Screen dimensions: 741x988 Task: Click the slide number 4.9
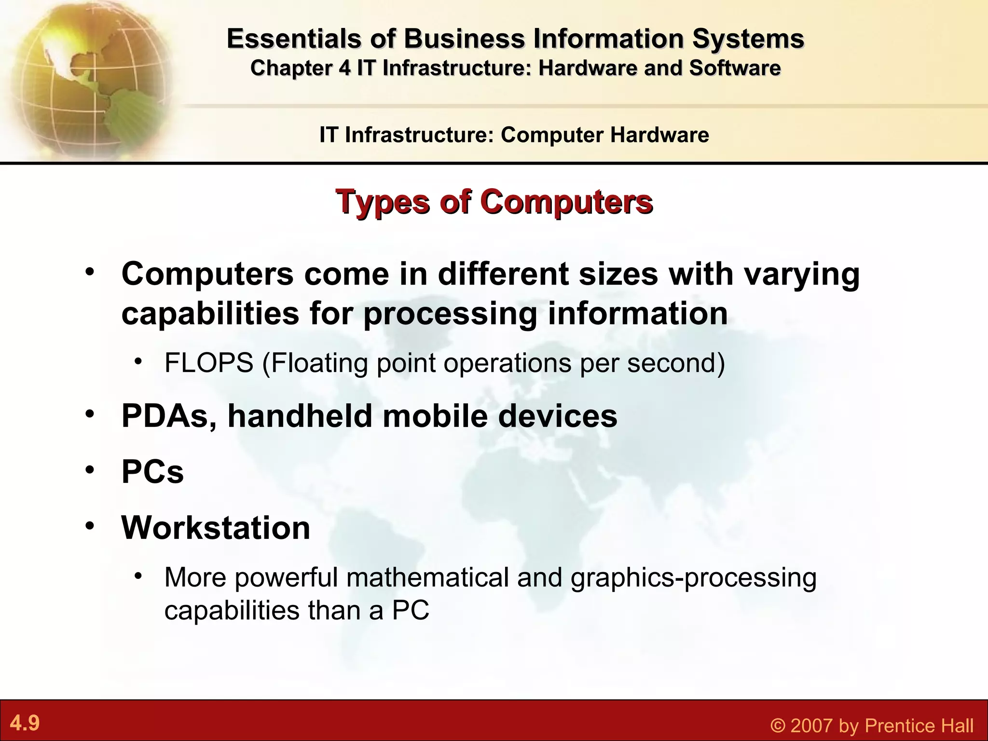(x=25, y=723)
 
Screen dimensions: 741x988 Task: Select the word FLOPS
(x=208, y=363)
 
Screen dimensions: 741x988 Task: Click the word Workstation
(x=216, y=528)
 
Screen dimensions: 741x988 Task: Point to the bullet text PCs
(x=152, y=472)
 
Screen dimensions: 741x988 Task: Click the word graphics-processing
(x=693, y=577)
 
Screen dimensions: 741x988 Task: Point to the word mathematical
(x=427, y=577)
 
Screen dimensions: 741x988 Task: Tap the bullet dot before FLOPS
(x=138, y=361)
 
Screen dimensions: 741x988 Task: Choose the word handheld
(x=300, y=416)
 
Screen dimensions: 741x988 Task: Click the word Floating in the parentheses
(x=319, y=363)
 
